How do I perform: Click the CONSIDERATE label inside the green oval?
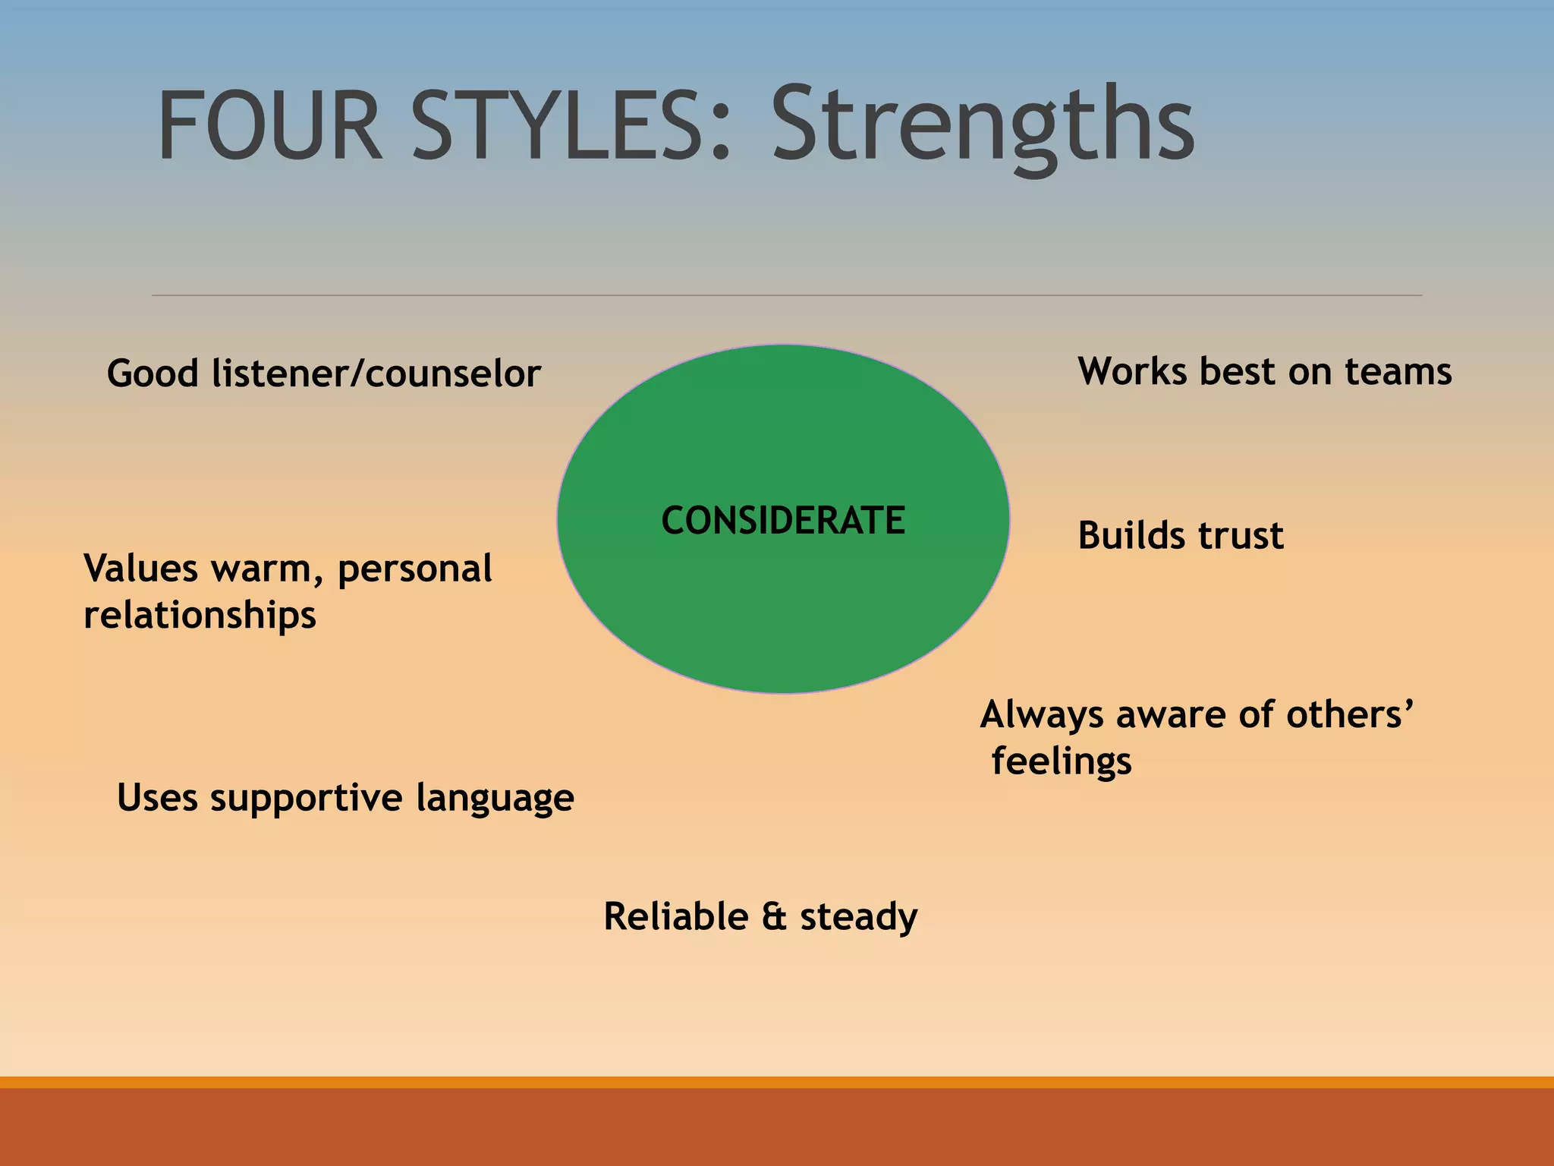pyautogui.click(x=783, y=521)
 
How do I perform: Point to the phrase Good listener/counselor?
pyautogui.click(x=324, y=373)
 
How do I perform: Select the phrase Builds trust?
pyautogui.click(x=1181, y=535)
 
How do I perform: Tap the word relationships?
pyautogui.click(x=200, y=614)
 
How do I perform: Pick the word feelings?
pyautogui.click(x=1062, y=761)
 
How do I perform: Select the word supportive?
pyautogui.click(x=307, y=798)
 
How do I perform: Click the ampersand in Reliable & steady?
pyautogui.click(x=774, y=916)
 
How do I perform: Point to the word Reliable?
pyautogui.click(x=676, y=916)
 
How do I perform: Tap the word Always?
pyautogui.click(x=1042, y=716)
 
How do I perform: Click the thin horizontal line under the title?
pyautogui.click(x=786, y=295)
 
